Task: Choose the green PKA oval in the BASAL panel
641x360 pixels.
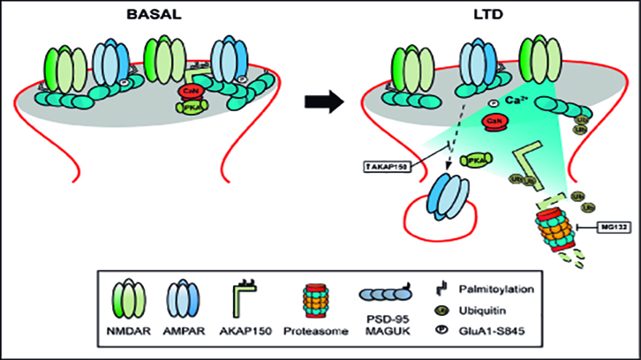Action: click(192, 106)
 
